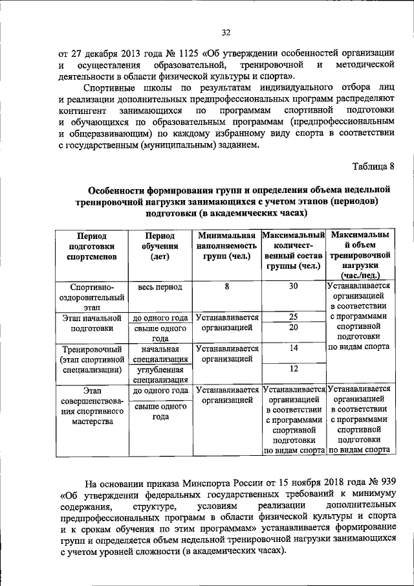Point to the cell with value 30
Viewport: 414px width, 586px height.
point(293,286)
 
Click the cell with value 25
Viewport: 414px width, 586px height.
point(293,317)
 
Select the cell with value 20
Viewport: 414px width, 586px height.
point(293,328)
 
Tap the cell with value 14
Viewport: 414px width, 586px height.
point(293,348)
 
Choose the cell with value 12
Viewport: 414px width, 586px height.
point(293,368)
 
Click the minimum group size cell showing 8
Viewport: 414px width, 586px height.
point(227,286)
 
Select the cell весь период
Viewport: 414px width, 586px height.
point(160,287)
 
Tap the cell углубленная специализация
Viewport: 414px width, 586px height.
point(160,374)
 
